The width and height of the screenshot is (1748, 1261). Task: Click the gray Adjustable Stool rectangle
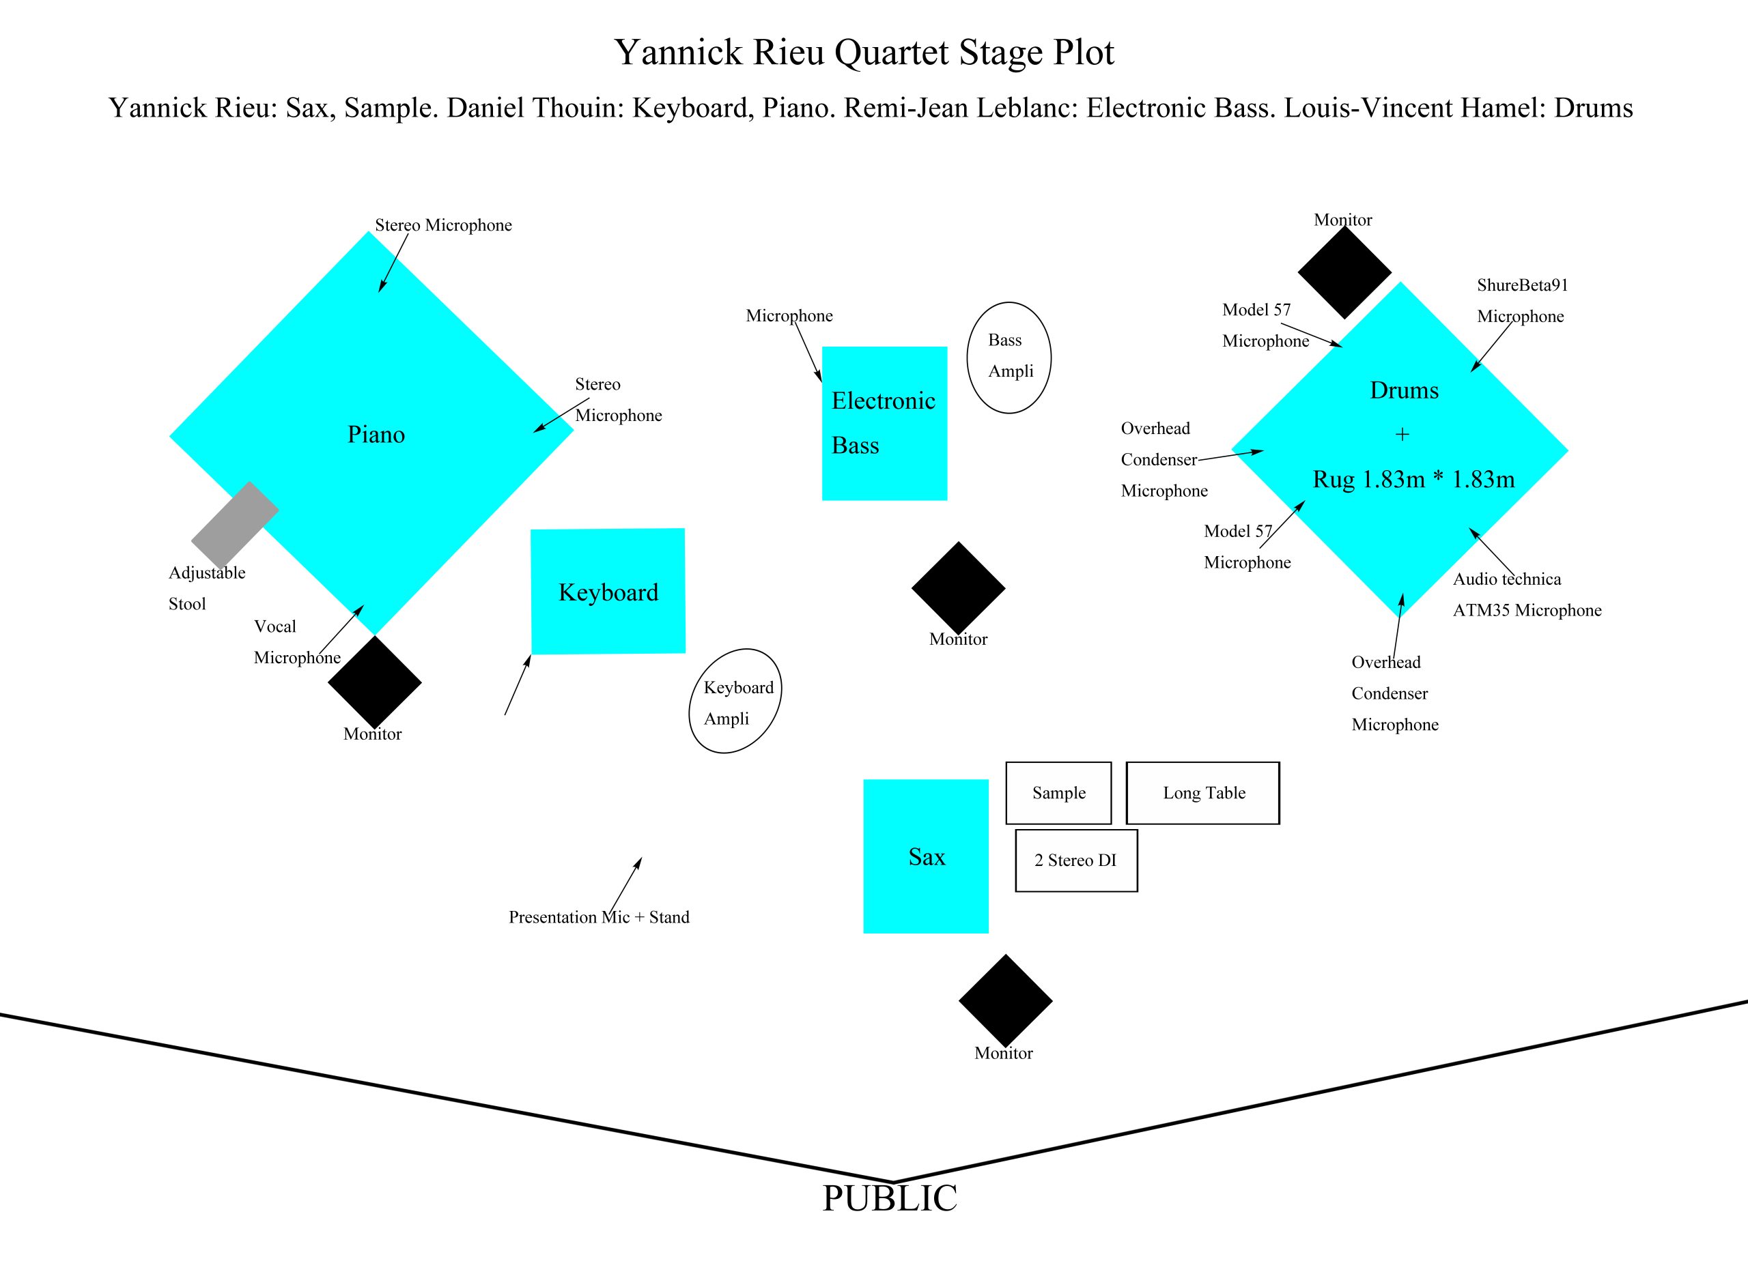[234, 524]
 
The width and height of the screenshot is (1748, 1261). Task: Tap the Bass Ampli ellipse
[1009, 357]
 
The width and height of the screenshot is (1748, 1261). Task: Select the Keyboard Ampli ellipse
[735, 701]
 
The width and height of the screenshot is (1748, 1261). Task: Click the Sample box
[1058, 793]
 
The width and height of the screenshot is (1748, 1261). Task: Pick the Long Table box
[1203, 793]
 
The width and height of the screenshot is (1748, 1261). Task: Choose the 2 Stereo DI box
[1076, 860]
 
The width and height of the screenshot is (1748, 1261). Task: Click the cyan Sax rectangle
[926, 856]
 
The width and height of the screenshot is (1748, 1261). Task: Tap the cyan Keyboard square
[608, 591]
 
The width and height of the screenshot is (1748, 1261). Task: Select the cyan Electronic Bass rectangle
[884, 423]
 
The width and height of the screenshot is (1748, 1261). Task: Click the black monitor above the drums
[1344, 272]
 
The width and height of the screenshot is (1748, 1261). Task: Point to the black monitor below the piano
[375, 682]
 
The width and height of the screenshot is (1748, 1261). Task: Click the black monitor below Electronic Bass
[958, 588]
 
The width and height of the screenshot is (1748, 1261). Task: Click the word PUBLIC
[890, 1199]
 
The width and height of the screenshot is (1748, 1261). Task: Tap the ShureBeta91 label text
[1522, 285]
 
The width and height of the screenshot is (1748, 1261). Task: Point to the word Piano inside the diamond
[376, 435]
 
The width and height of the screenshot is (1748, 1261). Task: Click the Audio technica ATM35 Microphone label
[1527, 595]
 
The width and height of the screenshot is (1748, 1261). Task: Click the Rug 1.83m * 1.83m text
[1413, 479]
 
